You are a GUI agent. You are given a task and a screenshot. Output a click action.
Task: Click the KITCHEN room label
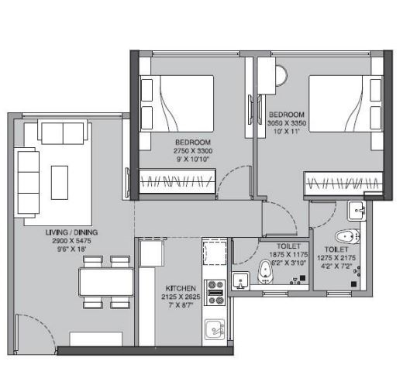(x=181, y=288)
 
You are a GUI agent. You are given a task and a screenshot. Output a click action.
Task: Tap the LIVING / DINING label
(x=71, y=232)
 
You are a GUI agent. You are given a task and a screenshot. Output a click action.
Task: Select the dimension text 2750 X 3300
(x=193, y=151)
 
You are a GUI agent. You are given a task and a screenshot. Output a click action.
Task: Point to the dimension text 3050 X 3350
(x=287, y=123)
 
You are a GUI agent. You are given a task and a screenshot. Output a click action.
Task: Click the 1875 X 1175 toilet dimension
(x=288, y=255)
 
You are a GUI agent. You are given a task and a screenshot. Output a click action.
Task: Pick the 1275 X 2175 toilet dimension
(x=336, y=258)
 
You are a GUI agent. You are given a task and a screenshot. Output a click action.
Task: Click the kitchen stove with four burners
(x=215, y=293)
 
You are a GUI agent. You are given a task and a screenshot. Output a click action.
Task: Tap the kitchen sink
(x=215, y=329)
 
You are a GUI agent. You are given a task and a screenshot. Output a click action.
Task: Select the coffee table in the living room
(x=60, y=183)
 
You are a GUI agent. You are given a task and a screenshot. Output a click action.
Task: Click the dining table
(x=106, y=282)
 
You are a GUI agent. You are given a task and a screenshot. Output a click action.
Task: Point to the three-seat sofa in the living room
(x=27, y=182)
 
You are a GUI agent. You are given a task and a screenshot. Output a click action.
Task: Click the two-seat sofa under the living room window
(x=63, y=132)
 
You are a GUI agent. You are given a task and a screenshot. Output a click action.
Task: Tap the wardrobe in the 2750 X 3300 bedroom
(x=177, y=181)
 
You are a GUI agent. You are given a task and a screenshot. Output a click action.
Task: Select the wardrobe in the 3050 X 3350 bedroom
(x=343, y=184)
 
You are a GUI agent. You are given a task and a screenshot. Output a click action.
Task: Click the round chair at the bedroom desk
(x=282, y=75)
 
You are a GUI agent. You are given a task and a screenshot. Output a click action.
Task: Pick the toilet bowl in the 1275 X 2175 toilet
(x=347, y=236)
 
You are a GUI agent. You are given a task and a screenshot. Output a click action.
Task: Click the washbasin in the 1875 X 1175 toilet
(x=241, y=281)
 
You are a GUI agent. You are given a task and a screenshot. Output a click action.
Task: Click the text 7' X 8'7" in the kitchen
(x=181, y=305)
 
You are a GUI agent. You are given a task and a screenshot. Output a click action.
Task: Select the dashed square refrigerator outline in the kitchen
(x=215, y=253)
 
